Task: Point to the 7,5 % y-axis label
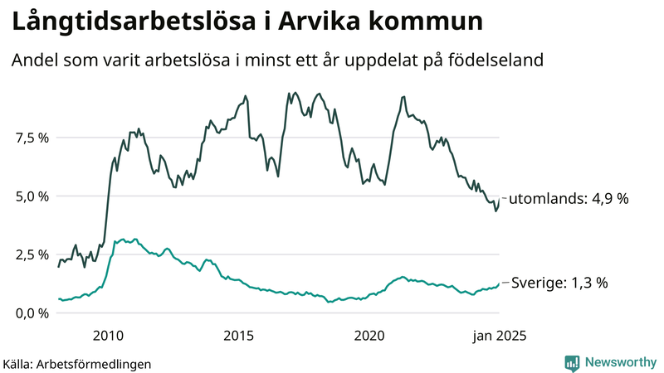coord(31,138)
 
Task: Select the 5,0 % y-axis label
coord(31,196)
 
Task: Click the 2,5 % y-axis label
coord(31,254)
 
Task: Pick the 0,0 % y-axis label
coord(31,312)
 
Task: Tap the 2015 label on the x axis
coord(239,336)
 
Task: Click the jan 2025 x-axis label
coord(499,336)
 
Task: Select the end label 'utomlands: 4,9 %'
coord(569,199)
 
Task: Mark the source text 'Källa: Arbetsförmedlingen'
coord(77,363)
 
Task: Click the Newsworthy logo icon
coord(572,362)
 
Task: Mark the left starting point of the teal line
coord(58,298)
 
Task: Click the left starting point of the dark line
coord(58,267)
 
